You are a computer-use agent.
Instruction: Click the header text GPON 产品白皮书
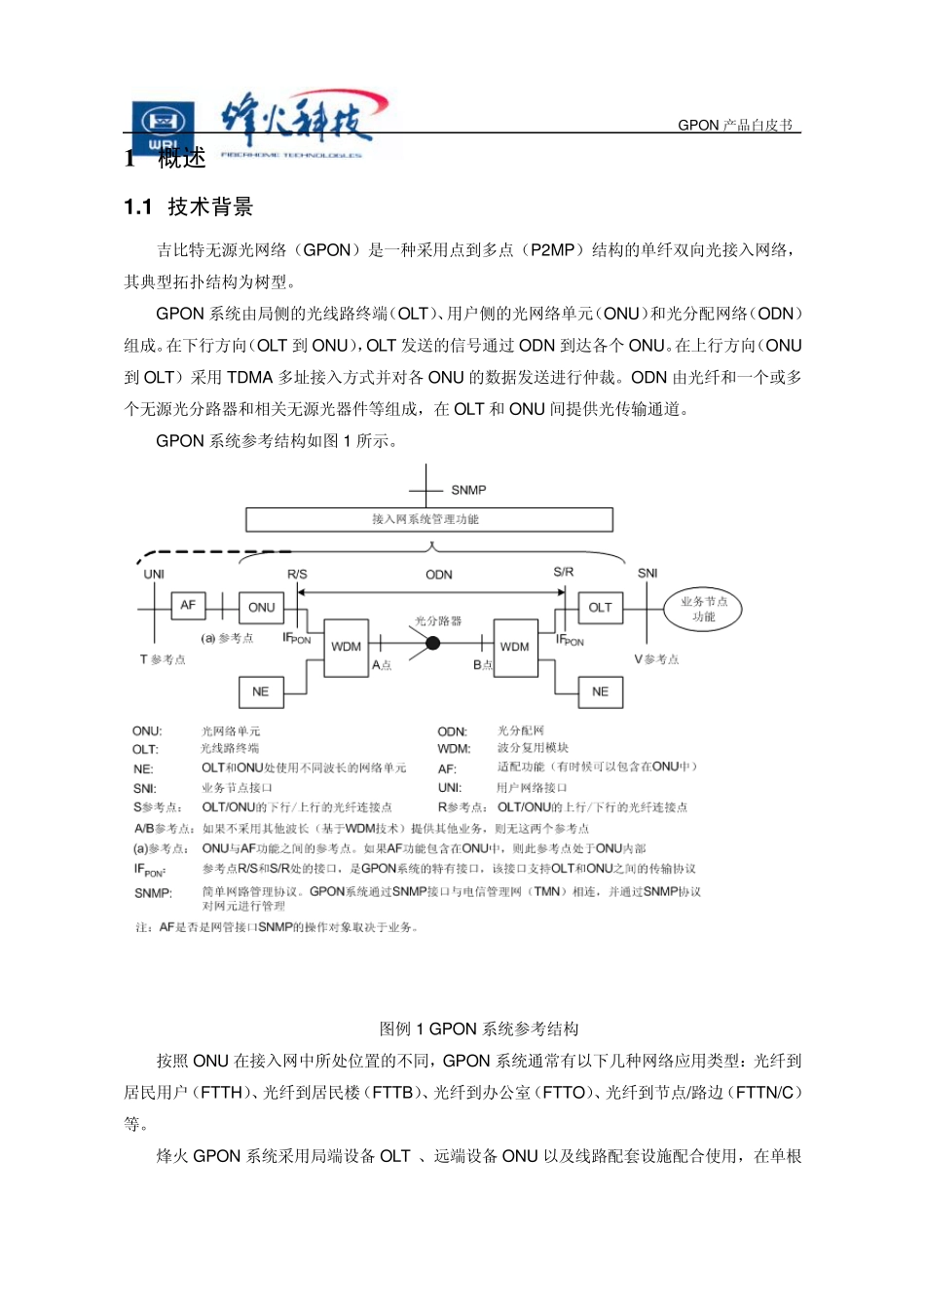point(735,125)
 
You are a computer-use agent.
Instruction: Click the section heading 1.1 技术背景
point(189,206)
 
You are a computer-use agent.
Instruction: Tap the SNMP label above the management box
point(468,490)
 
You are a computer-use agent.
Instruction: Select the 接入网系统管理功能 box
point(428,519)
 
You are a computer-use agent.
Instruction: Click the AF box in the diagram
point(188,606)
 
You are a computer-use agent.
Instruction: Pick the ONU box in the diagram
point(261,607)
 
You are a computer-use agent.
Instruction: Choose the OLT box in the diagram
point(600,607)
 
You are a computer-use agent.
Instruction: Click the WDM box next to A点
point(346,646)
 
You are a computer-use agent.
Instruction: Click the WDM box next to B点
point(515,647)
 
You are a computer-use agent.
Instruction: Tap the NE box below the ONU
point(260,692)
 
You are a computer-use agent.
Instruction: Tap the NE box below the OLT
point(600,692)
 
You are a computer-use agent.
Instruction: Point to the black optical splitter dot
point(433,643)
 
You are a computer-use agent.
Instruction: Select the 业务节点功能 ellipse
point(703,609)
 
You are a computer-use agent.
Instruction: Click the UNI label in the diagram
point(154,574)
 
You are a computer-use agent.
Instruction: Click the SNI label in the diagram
point(647,573)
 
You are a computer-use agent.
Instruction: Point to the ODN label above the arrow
point(439,575)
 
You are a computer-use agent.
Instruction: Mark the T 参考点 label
point(163,659)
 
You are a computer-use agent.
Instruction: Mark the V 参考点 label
point(657,659)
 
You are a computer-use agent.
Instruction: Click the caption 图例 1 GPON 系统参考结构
point(479,1028)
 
